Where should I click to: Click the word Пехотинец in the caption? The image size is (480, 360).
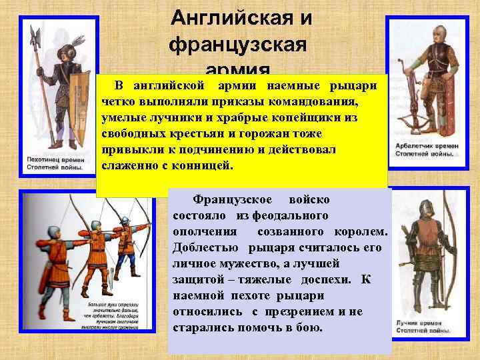point(49,161)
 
